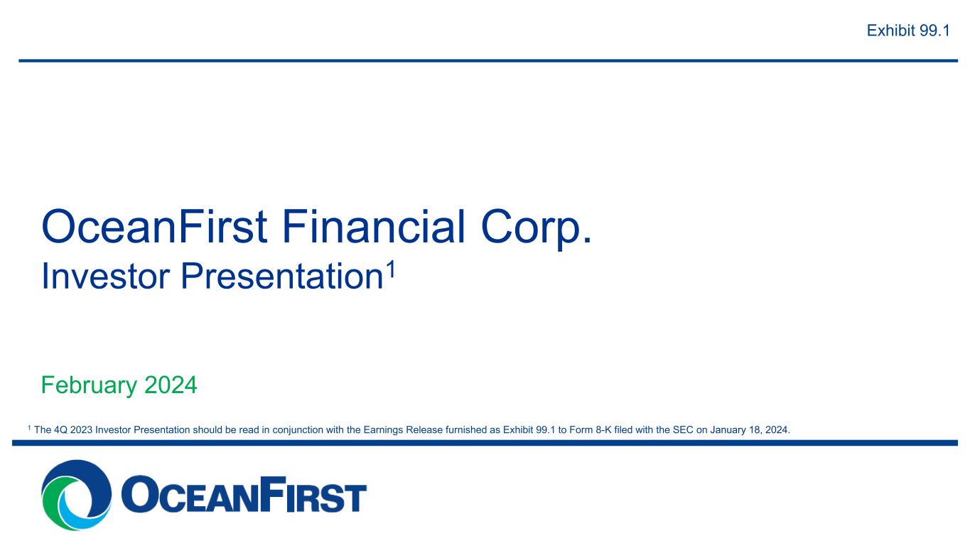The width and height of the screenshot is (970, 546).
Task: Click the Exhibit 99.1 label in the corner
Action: point(908,31)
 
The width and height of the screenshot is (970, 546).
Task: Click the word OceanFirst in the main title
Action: point(154,226)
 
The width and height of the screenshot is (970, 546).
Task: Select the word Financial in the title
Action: point(374,226)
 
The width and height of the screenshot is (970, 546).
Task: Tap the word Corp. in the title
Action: point(536,230)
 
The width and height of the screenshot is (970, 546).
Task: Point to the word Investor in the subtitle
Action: point(105,276)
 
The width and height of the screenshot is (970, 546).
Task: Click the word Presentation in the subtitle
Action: point(282,276)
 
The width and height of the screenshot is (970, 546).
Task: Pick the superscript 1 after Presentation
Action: point(391,269)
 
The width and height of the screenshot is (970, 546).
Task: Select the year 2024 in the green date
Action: point(171,385)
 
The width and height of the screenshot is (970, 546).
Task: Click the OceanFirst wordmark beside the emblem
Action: point(244,494)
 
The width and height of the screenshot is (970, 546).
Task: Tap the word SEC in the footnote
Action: point(683,430)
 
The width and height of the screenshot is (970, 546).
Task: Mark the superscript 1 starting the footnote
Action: point(29,428)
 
